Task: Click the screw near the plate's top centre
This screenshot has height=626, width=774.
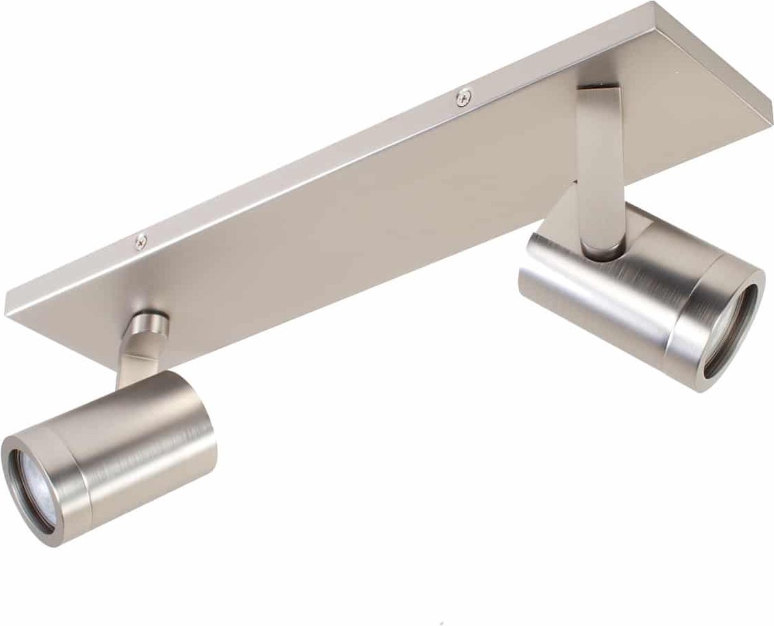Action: coord(462,97)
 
